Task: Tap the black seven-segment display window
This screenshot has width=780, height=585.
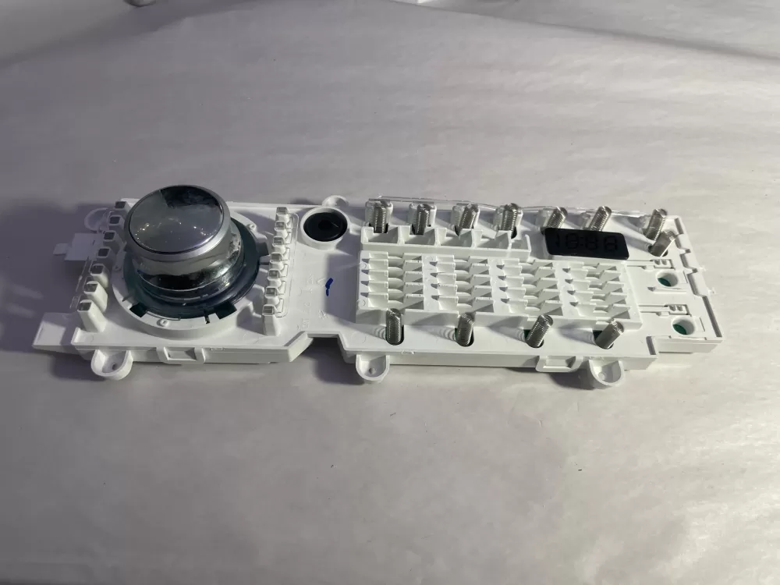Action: (x=586, y=243)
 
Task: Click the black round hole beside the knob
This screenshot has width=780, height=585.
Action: (x=324, y=225)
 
